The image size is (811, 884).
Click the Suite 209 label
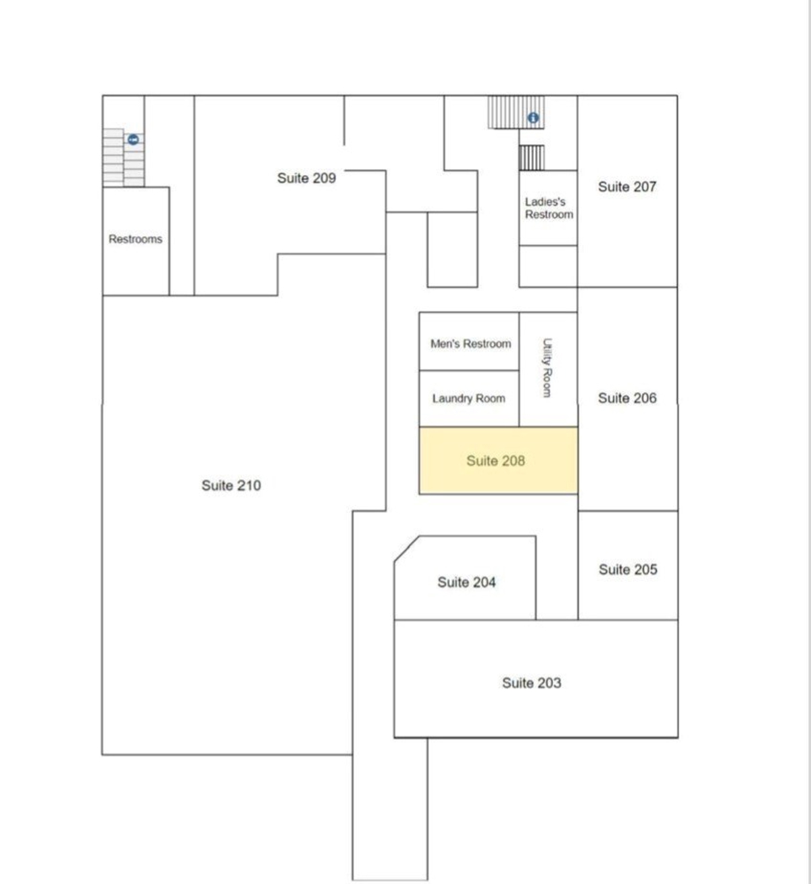pyautogui.click(x=306, y=178)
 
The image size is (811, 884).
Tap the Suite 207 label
pyautogui.click(x=626, y=187)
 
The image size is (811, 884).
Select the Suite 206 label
pyautogui.click(x=627, y=398)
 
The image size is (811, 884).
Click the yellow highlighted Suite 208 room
pyautogui.click(x=499, y=460)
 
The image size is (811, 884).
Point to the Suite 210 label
pyautogui.click(x=231, y=485)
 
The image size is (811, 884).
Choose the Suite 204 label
pyautogui.click(x=466, y=582)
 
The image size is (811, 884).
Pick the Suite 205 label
pyautogui.click(x=628, y=569)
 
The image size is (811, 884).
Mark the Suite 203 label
pyautogui.click(x=532, y=683)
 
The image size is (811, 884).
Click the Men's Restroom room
pyautogui.click(x=469, y=341)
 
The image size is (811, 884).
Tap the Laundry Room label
pyautogui.click(x=468, y=398)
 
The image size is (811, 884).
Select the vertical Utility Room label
pyautogui.click(x=547, y=368)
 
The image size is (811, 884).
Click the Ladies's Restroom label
pyautogui.click(x=549, y=208)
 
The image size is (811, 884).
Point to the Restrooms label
pyautogui.click(x=135, y=239)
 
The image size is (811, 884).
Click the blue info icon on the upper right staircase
pyautogui.click(x=533, y=118)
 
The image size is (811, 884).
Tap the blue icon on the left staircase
pyautogui.click(x=133, y=140)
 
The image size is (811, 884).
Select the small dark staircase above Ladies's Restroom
pyautogui.click(x=532, y=157)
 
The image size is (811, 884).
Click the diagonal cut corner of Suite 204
pyautogui.click(x=407, y=549)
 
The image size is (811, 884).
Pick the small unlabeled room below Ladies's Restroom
pyautogui.click(x=548, y=266)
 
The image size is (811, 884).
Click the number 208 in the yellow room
pyautogui.click(x=512, y=461)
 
